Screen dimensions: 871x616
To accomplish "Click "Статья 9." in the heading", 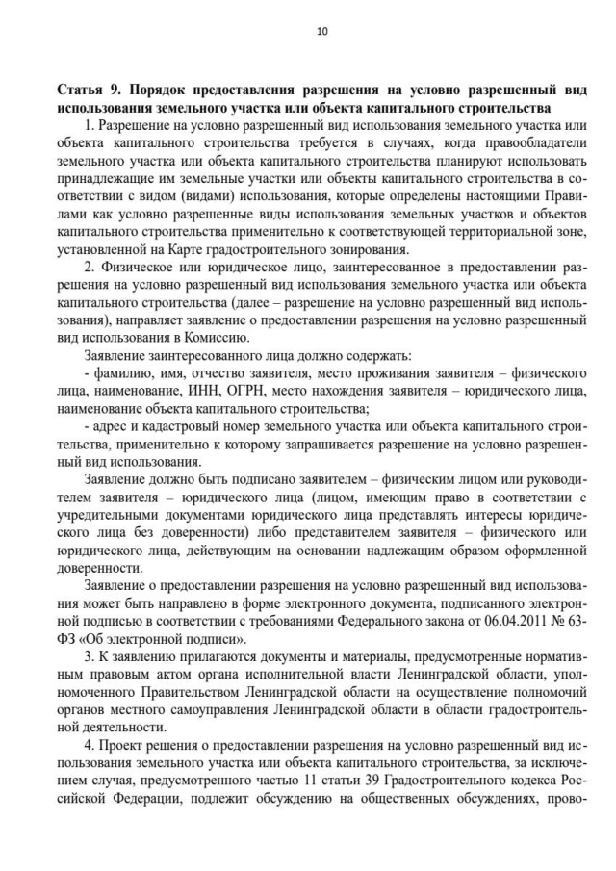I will [x=88, y=90].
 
